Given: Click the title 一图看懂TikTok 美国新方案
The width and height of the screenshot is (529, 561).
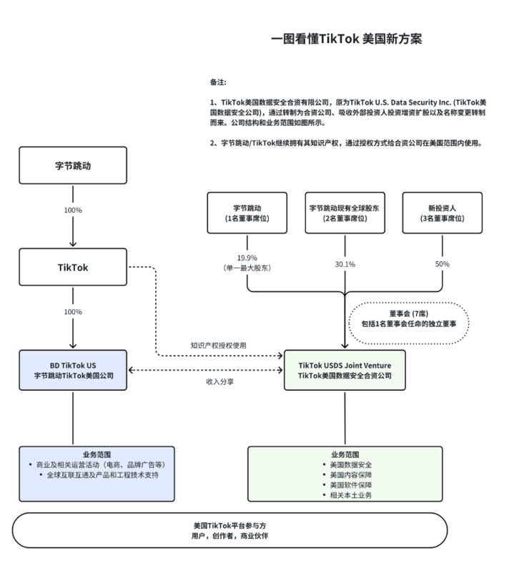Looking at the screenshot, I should click(347, 39).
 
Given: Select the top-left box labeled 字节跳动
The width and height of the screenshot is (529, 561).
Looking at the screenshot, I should click(73, 165).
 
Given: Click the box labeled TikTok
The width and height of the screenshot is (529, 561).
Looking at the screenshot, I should click(73, 267).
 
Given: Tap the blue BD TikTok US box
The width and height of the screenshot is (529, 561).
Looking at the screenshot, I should click(73, 369).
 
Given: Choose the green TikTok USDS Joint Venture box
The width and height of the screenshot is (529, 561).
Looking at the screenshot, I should click(345, 369).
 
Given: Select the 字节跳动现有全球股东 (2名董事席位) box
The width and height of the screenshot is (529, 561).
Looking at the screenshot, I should click(345, 213).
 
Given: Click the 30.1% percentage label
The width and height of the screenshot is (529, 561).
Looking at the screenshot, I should click(345, 264).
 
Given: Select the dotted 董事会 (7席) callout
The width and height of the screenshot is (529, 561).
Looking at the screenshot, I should click(408, 318).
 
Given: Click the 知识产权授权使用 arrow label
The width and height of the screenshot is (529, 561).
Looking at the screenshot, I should click(218, 345).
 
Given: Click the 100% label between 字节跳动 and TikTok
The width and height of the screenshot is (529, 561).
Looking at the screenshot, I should click(73, 210).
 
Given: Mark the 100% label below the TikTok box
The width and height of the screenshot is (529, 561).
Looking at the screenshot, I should click(73, 312).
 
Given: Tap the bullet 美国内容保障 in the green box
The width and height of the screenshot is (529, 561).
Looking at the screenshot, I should click(347, 474).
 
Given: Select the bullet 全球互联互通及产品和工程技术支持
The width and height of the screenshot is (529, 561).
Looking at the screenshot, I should click(102, 474).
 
